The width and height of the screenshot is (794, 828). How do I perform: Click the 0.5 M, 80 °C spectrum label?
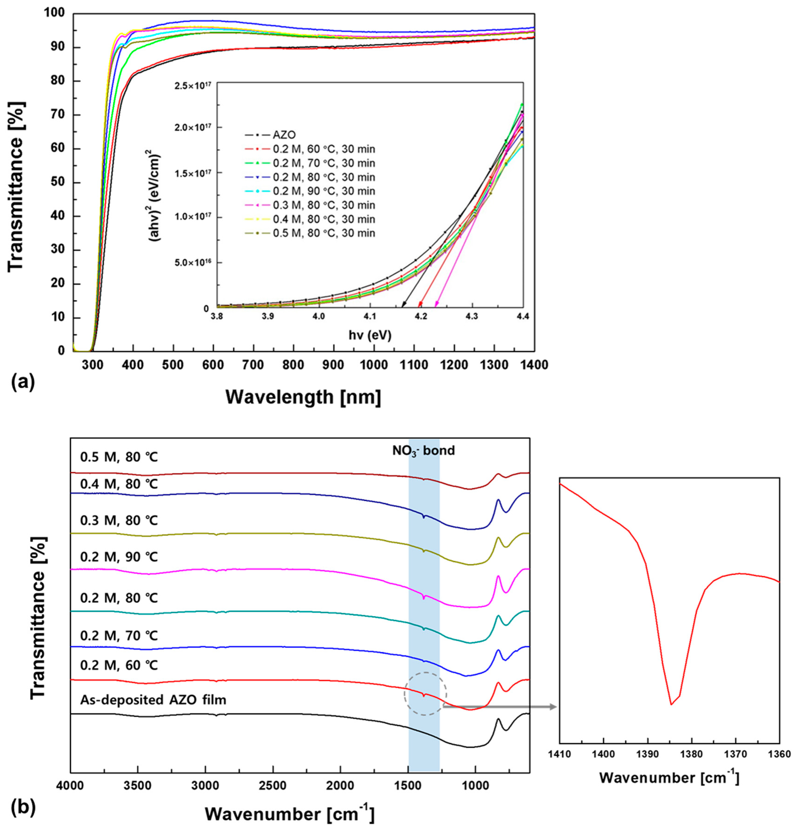tap(119, 457)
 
